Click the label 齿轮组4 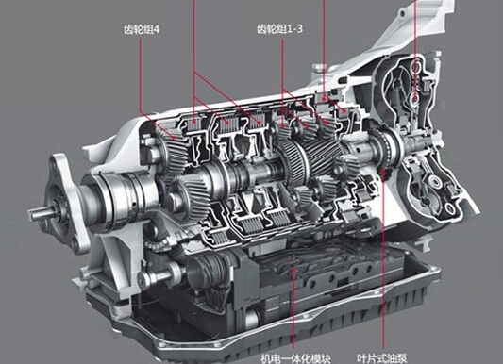[x=142, y=29]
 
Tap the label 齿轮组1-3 [x=279, y=29]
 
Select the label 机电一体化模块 [x=295, y=358]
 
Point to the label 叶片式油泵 [x=382, y=358]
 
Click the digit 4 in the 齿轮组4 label [x=157, y=29]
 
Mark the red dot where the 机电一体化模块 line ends [x=293, y=271]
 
